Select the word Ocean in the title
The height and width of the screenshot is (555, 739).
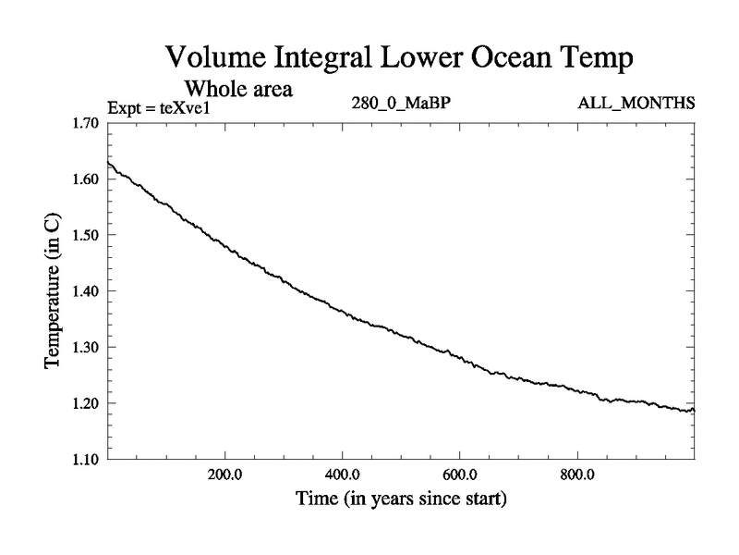pos(494,58)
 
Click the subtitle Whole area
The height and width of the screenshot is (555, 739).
pos(239,90)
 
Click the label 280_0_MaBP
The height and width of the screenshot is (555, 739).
pos(401,102)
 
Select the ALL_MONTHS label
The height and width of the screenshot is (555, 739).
pos(636,102)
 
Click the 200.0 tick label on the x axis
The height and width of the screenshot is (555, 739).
pos(224,475)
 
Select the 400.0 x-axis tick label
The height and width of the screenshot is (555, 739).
pos(343,475)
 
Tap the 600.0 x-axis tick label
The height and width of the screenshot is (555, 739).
pos(460,475)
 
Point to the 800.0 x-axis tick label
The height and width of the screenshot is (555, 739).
pos(577,475)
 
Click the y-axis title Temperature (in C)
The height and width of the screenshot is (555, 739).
pos(54,291)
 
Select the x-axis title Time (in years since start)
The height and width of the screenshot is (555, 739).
pos(401,500)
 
